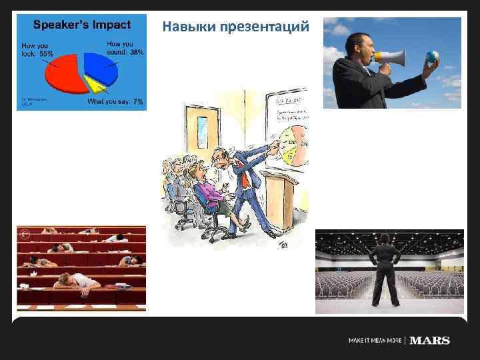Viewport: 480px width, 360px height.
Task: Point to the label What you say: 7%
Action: tap(115, 102)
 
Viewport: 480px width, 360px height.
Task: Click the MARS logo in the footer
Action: tap(429, 341)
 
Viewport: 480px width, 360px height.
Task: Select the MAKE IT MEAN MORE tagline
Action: tap(375, 341)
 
